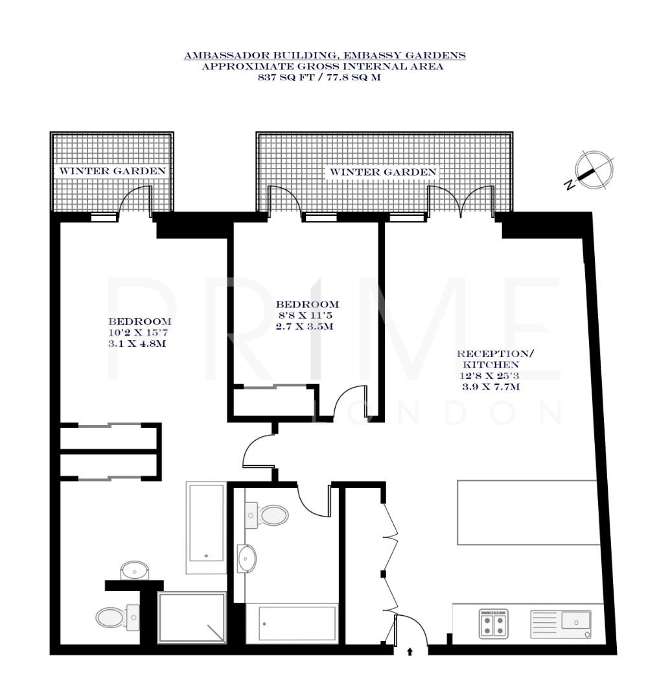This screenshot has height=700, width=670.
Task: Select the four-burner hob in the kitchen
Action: point(494,624)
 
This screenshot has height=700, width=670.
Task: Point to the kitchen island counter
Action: point(527,513)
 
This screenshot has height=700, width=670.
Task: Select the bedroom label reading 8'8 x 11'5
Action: point(307,315)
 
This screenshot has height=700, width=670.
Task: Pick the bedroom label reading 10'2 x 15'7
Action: point(139,332)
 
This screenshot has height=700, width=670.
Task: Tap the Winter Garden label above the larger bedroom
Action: point(112,171)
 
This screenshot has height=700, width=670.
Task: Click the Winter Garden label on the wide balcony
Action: point(383,172)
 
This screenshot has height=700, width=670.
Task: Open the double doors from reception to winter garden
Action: point(461,200)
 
